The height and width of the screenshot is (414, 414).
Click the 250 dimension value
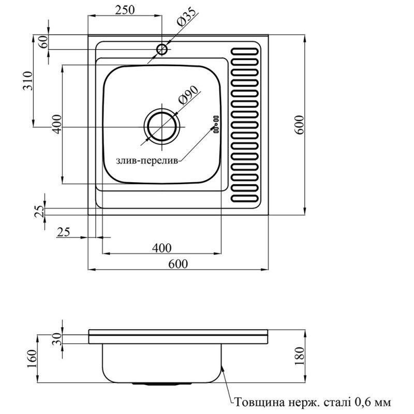(x=125, y=9)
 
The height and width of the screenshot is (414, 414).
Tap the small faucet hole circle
(x=162, y=50)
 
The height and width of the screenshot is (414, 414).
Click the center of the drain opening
(x=162, y=125)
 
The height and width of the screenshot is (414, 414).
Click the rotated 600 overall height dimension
(x=299, y=124)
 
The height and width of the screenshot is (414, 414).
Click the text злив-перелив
(x=147, y=161)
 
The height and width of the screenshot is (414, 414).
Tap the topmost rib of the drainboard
(x=244, y=52)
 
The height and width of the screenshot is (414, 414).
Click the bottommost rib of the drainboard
(x=244, y=199)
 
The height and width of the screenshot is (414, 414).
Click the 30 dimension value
(x=57, y=339)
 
